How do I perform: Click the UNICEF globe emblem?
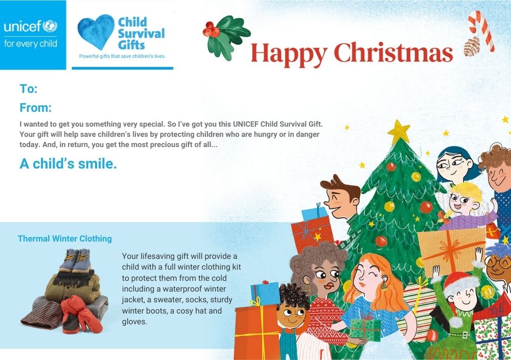[x=50, y=26]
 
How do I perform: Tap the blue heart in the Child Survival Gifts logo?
[x=96, y=32]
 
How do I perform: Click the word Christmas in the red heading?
[x=393, y=53]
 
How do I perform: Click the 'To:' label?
[x=29, y=89]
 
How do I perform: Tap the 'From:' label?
[x=36, y=108]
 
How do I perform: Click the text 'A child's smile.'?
[x=68, y=163]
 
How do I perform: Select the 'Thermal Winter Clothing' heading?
[x=65, y=239]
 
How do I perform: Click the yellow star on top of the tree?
[x=399, y=131]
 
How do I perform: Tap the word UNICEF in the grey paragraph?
[x=246, y=124]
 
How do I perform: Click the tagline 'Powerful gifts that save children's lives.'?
[x=122, y=56]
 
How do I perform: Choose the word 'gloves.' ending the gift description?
[x=134, y=322]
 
